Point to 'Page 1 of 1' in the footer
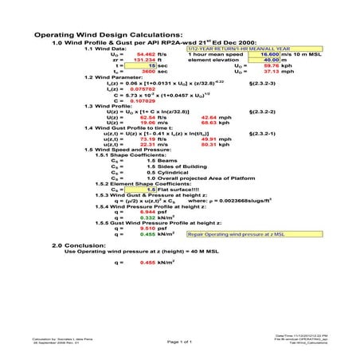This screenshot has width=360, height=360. pos(180,341)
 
